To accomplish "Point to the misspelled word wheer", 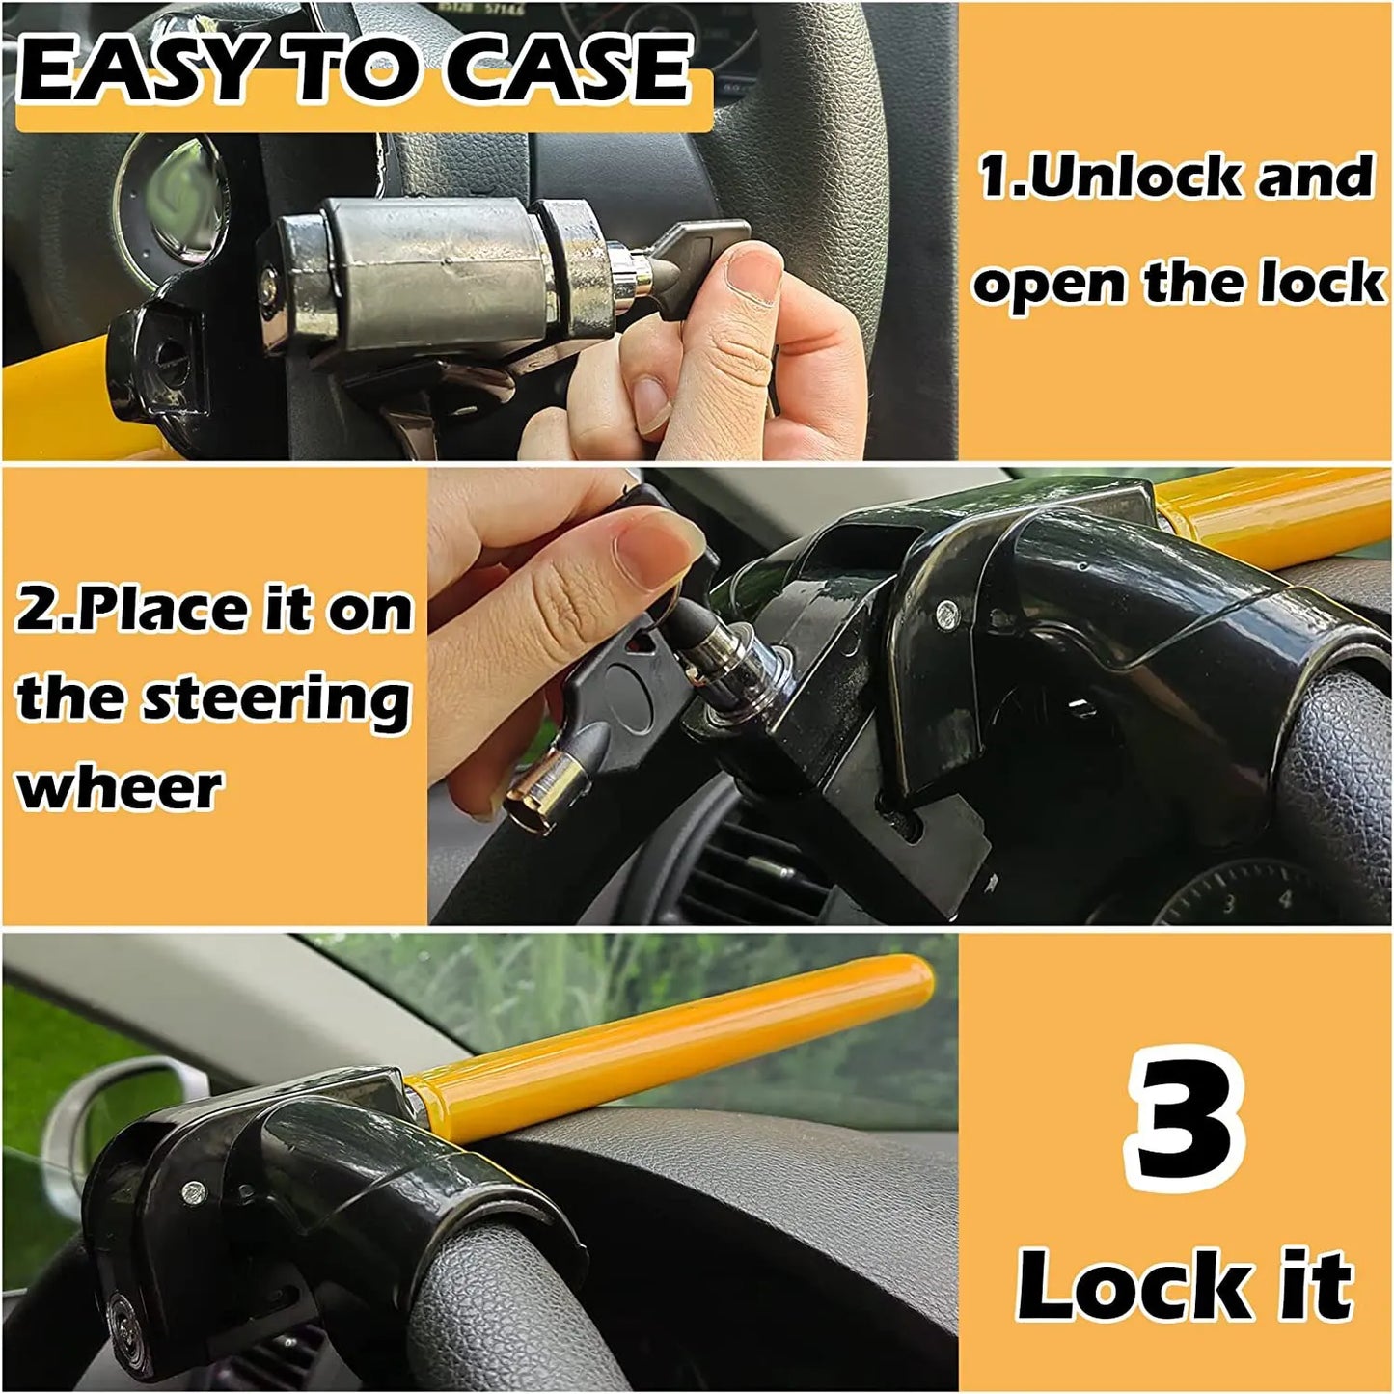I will [x=120, y=788].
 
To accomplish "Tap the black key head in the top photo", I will [x=713, y=242].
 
